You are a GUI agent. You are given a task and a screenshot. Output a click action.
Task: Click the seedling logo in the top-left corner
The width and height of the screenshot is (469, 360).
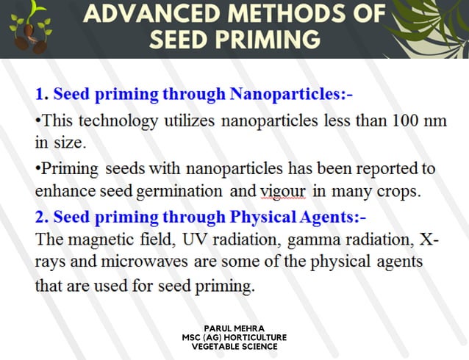pos(27,29)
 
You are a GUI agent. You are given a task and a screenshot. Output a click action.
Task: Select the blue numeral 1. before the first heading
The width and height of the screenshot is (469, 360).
pos(41,95)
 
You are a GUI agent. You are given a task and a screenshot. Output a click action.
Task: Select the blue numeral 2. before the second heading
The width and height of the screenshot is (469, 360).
pos(41,217)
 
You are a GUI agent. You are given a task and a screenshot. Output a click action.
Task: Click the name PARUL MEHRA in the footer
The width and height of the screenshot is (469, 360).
pos(234,328)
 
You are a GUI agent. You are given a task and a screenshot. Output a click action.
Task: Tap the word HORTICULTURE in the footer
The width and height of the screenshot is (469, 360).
pos(254,337)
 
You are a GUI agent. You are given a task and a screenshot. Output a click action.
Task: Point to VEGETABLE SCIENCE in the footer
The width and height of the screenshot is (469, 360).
pos(234,346)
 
